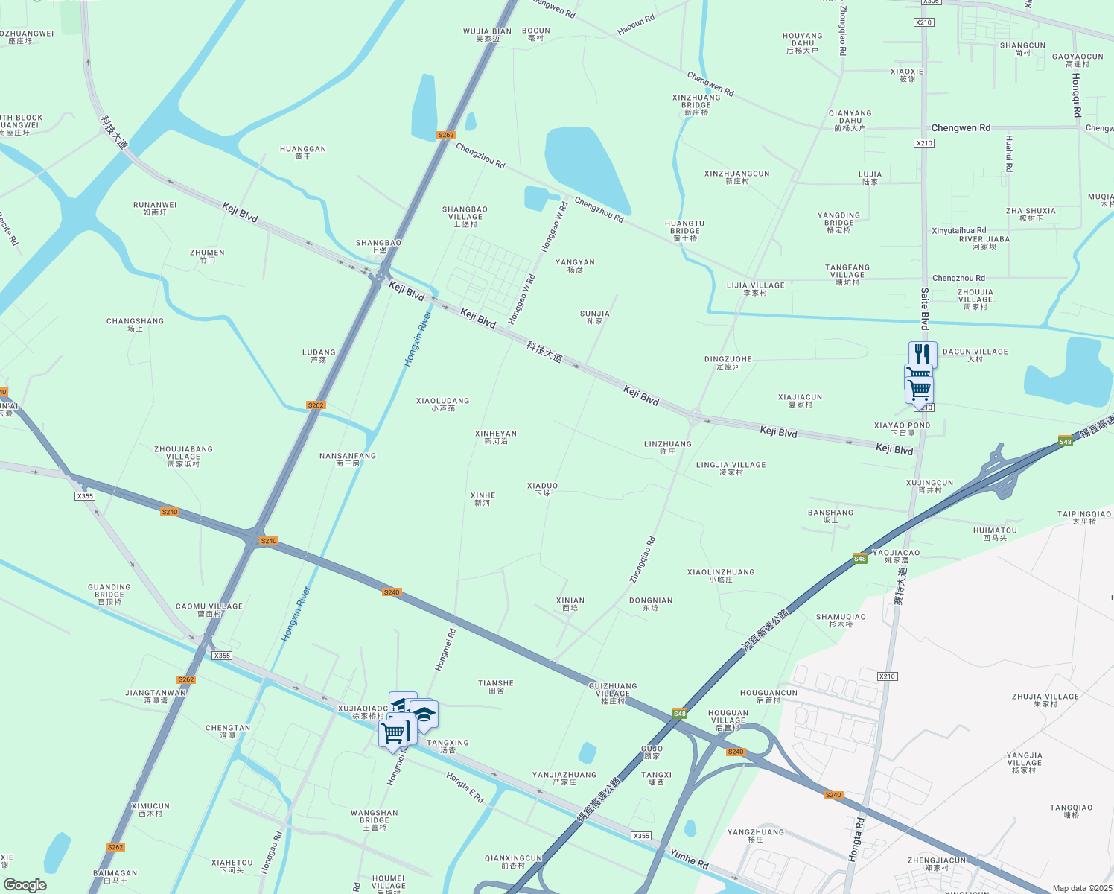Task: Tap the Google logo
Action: click(25, 885)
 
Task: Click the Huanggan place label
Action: click(303, 152)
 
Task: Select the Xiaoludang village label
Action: click(442, 404)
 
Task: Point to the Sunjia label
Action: click(594, 317)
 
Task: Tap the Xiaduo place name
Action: click(542, 489)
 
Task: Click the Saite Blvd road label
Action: click(924, 309)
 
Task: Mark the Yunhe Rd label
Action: click(689, 858)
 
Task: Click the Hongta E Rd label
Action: click(465, 787)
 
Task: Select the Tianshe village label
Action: click(496, 686)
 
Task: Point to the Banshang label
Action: click(830, 516)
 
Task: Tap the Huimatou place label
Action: click(995, 533)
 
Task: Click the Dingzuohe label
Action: click(728, 362)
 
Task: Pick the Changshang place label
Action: click(135, 324)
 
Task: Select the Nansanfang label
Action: click(348, 459)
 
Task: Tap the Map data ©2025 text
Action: click(1081, 888)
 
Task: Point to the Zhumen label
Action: click(207, 256)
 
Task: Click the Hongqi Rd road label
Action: click(1076, 95)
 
